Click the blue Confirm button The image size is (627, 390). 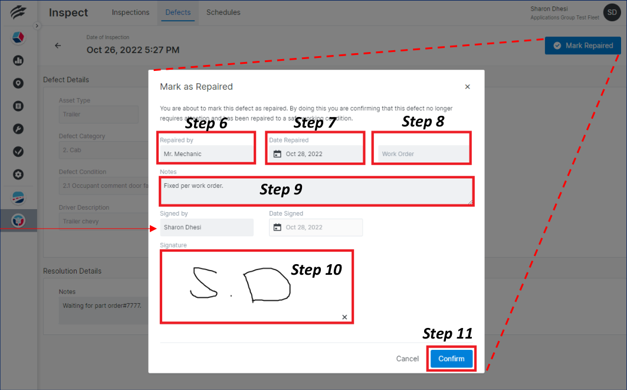[x=451, y=359]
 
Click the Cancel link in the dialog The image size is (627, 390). [x=407, y=359]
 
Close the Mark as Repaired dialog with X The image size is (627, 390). [x=467, y=87]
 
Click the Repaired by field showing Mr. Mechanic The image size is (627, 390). [x=206, y=154]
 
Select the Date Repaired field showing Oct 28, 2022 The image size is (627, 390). [x=316, y=154]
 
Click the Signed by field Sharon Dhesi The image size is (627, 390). [x=206, y=227]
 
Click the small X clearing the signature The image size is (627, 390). [x=344, y=317]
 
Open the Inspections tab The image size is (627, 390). [x=130, y=12]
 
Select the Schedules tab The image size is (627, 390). [x=223, y=12]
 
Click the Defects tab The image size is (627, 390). [x=178, y=12]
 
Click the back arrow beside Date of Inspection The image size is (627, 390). [x=58, y=45]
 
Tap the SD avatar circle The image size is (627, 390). [x=612, y=12]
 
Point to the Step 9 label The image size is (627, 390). [x=281, y=190]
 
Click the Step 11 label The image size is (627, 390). [x=447, y=334]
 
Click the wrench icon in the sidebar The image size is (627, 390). [x=18, y=129]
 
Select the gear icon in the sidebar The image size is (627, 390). [x=18, y=174]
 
